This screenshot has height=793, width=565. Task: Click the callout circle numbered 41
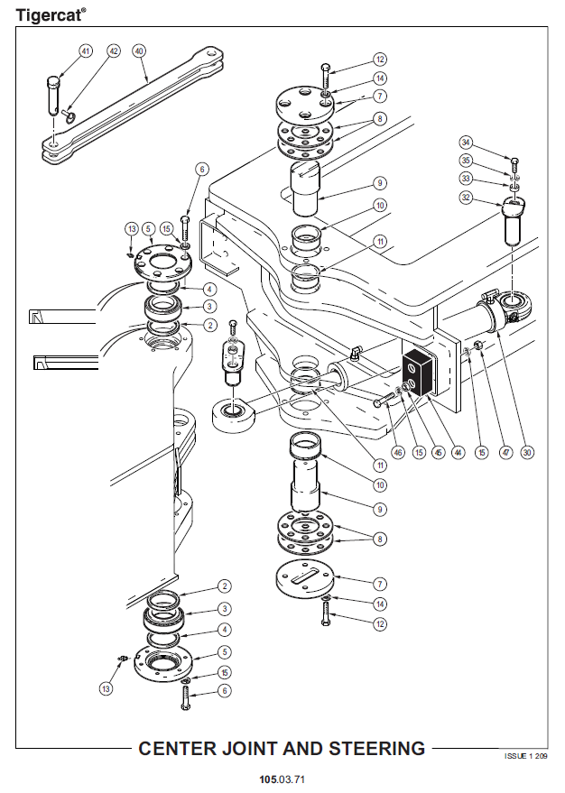pos(86,51)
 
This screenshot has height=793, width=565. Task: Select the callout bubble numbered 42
pos(113,51)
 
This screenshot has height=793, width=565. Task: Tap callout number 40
pos(139,51)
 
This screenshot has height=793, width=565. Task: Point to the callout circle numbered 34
pos(466,143)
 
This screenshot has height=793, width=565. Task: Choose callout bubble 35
pos(466,161)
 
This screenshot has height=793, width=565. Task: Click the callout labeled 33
pos(466,178)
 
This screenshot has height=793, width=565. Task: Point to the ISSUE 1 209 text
pos(525,754)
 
